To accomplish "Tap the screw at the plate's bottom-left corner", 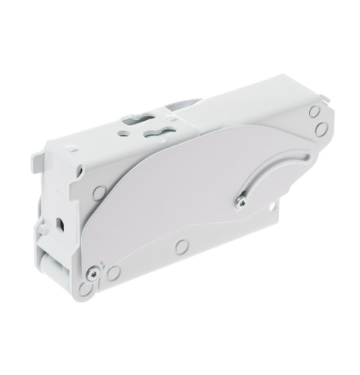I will (93, 272).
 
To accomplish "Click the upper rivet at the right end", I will (314, 112).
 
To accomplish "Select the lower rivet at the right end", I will (321, 130).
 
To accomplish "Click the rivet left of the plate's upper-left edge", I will (98, 193).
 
